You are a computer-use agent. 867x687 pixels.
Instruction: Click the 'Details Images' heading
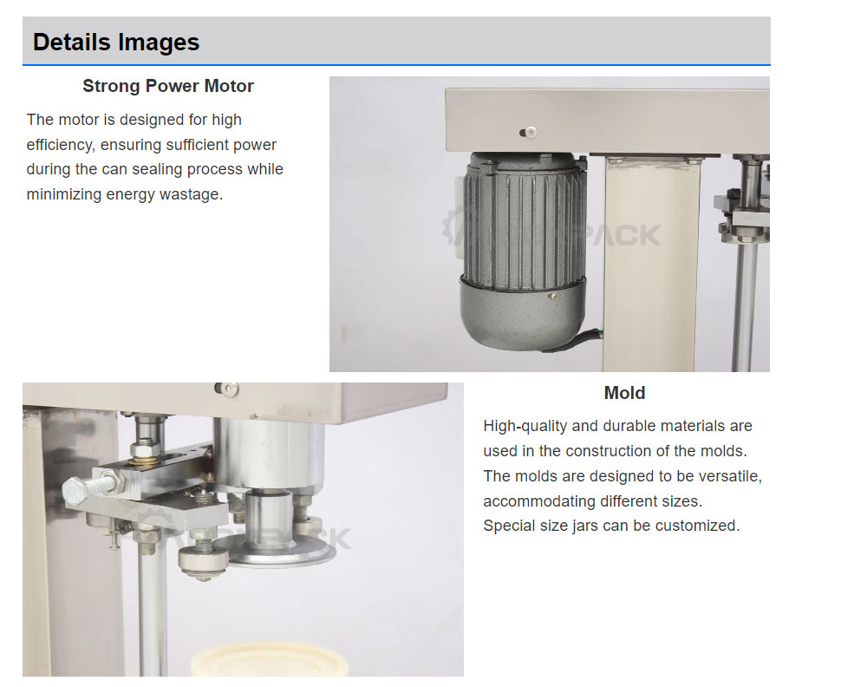coord(115,42)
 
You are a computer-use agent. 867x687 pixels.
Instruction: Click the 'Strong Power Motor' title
coord(168,86)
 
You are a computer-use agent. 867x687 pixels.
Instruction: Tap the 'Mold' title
coord(624,393)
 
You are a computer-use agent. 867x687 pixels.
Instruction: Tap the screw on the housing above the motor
coord(530,132)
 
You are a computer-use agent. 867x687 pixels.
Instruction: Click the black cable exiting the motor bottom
coord(575,339)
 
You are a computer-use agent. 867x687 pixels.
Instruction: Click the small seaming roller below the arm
coord(203,561)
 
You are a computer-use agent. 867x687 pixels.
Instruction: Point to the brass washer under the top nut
coord(145,454)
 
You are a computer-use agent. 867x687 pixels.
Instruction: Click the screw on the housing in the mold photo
coord(226,389)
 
